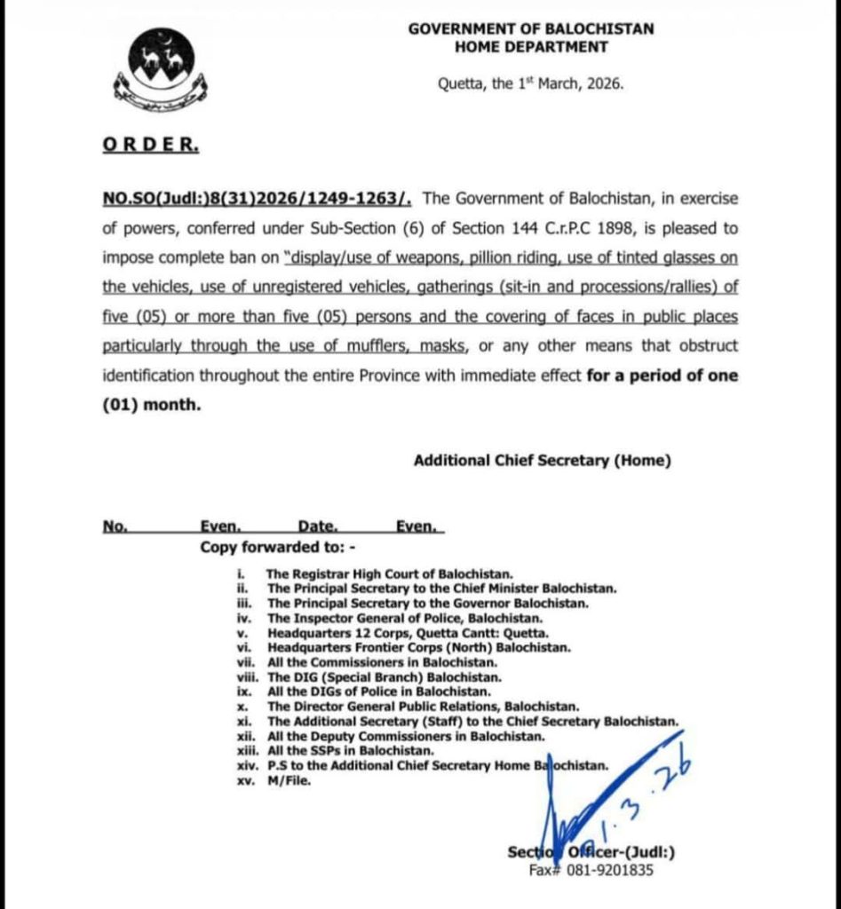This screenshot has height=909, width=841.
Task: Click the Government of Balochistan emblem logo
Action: [160, 72]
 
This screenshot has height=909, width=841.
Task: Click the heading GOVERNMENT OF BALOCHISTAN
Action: [531, 28]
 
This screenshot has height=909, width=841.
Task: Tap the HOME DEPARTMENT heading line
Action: [531, 47]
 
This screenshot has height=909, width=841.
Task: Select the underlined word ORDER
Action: [150, 145]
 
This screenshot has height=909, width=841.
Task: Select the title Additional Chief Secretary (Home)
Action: [542, 460]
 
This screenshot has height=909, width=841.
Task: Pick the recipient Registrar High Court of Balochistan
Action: [396, 574]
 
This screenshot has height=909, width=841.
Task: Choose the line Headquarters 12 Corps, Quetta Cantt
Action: [408, 632]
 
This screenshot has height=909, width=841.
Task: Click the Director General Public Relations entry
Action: [423, 706]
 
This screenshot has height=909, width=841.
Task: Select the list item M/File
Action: [290, 780]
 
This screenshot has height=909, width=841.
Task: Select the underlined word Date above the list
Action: [317, 526]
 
